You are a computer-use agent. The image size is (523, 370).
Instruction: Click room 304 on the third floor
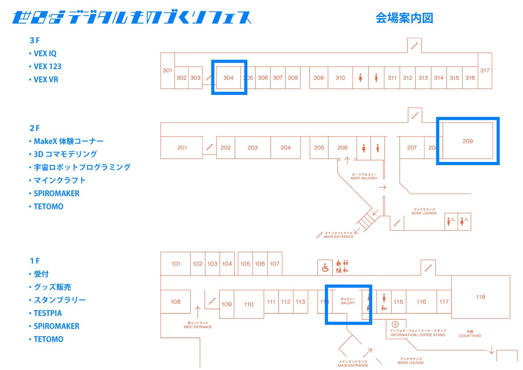[x=228, y=78]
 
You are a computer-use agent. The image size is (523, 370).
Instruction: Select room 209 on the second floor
[x=468, y=141]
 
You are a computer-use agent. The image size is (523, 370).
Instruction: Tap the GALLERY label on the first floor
[x=348, y=301]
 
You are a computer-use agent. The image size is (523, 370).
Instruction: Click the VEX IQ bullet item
[x=45, y=53]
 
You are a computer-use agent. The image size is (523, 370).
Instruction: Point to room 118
[x=480, y=297]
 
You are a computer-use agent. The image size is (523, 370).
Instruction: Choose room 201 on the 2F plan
[x=182, y=148]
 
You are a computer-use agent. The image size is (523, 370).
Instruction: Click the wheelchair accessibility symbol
[x=325, y=268]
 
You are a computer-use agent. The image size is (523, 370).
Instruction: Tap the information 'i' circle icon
[x=395, y=324]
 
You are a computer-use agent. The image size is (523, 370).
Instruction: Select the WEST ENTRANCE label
[x=198, y=325]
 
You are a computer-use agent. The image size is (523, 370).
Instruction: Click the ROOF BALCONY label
[x=364, y=176]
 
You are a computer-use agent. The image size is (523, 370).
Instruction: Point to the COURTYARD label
[x=470, y=334]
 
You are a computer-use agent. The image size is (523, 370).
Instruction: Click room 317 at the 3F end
[x=485, y=71]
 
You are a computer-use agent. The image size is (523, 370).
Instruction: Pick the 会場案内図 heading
[x=404, y=18]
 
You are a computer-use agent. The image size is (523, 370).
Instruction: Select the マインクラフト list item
[x=59, y=180]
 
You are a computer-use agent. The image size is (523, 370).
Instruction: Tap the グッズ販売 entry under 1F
[x=52, y=287]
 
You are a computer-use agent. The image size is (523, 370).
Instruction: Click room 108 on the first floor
[x=175, y=302]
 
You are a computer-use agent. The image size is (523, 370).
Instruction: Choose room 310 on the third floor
[x=340, y=78]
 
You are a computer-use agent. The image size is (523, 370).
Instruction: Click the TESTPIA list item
[x=48, y=313]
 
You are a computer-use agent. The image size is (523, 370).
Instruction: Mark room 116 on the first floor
[x=421, y=302]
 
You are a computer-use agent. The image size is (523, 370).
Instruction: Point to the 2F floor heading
[x=35, y=128]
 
